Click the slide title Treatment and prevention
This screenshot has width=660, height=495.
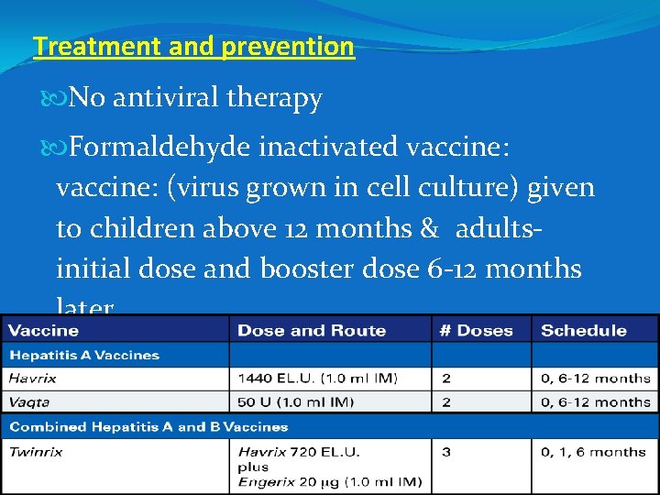pyautogui.click(x=193, y=47)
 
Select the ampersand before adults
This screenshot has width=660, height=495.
pyautogui.click(x=427, y=228)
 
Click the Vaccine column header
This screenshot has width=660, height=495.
pyautogui.click(x=43, y=331)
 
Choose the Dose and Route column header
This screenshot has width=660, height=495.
pyautogui.click(x=312, y=331)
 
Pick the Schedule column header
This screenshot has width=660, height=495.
pyautogui.click(x=583, y=331)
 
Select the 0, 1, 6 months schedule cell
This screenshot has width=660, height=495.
pyautogui.click(x=593, y=452)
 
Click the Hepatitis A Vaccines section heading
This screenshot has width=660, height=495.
pyautogui.click(x=84, y=355)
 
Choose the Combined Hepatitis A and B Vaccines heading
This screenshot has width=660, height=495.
pyautogui.click(x=148, y=427)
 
